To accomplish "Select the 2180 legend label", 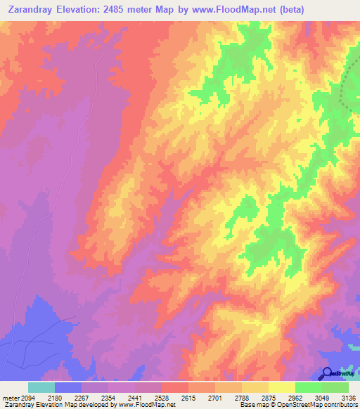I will click(67, 397).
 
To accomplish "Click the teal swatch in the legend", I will click(41, 387).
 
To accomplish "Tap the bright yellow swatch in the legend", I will click(282, 387).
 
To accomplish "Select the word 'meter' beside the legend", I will click(11, 397).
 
